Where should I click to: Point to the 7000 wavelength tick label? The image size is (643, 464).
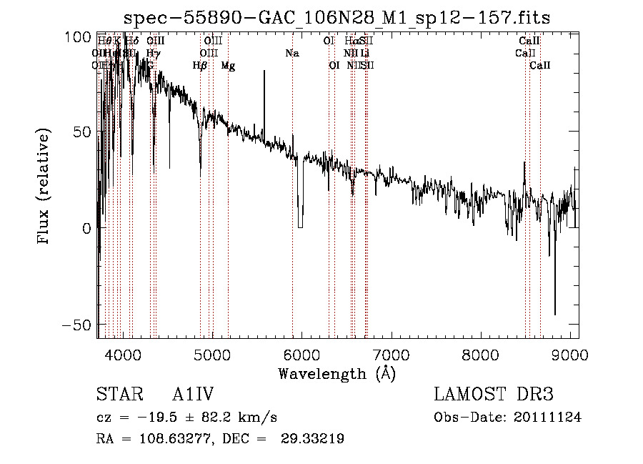coord(391,355)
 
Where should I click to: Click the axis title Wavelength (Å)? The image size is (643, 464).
coord(337,373)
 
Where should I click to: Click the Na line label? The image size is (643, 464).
coord(291,54)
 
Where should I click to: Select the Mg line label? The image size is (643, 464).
coord(228,66)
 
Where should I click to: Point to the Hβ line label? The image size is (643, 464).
coord(200,66)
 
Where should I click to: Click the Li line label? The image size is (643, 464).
coord(364,54)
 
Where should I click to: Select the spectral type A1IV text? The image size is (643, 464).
coord(193,395)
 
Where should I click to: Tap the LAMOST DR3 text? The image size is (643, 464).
coord(494,395)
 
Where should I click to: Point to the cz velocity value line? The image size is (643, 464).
coord(186,418)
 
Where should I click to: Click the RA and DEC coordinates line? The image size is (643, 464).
coord(220,439)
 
